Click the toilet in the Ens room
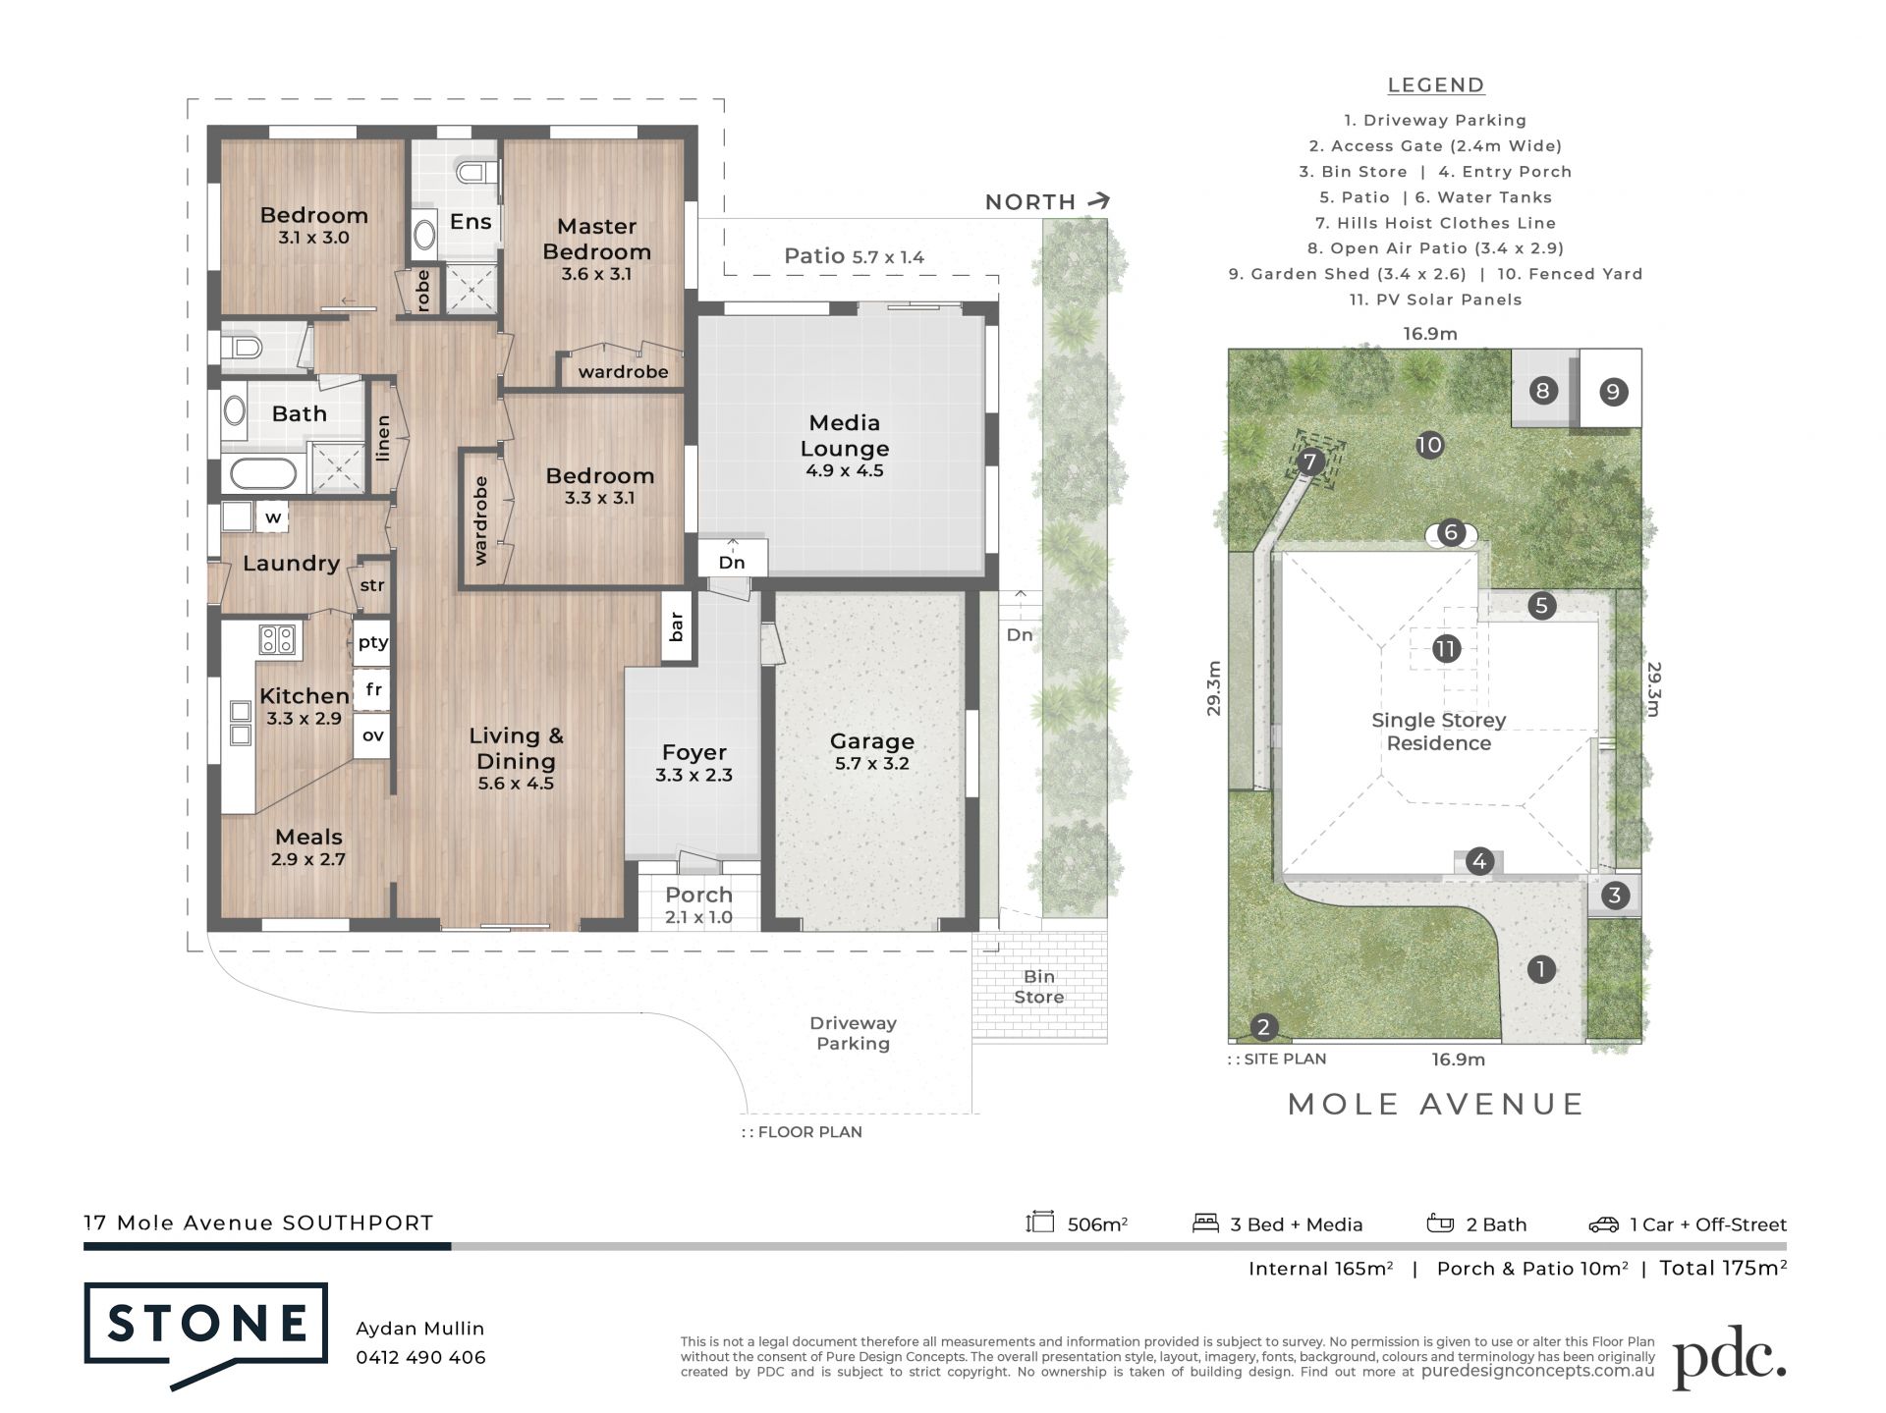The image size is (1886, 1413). [477, 174]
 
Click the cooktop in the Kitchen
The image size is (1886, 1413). [276, 640]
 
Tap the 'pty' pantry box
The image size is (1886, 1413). [372, 642]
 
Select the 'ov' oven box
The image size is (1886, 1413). [372, 735]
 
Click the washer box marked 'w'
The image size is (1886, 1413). [272, 516]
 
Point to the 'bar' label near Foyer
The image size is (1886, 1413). [676, 626]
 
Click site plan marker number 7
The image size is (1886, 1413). [1309, 462]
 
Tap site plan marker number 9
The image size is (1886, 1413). [1612, 392]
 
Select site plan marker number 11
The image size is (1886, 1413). [1445, 648]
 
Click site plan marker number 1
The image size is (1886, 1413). [1541, 969]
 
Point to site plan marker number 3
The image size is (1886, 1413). [1614, 896]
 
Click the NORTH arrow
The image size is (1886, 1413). [1099, 200]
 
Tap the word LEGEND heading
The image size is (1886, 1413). [1435, 85]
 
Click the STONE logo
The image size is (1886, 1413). [206, 1325]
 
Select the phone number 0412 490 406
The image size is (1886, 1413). [420, 1357]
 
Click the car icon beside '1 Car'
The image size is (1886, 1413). [1603, 1224]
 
